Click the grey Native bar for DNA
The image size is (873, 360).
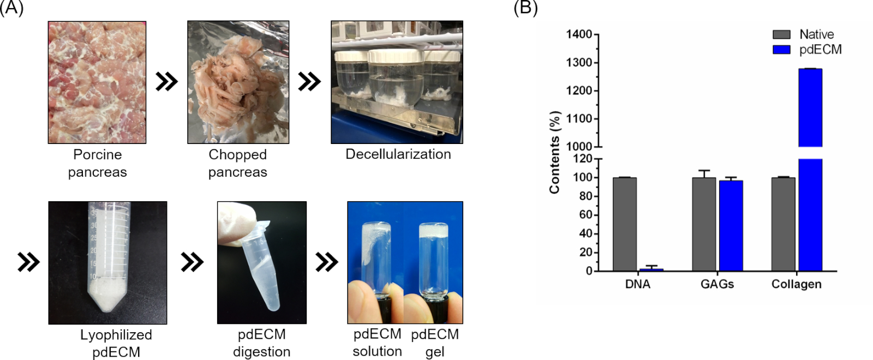point(624,224)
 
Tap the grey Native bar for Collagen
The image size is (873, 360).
point(783,224)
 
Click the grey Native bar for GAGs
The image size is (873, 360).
point(704,224)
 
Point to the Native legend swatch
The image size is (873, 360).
point(781,34)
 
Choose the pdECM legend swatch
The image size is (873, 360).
point(781,50)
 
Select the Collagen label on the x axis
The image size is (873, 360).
point(796,284)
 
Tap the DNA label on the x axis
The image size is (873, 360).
point(637,284)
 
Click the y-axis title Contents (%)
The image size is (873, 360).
point(555,152)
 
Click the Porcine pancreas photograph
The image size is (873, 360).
point(97,82)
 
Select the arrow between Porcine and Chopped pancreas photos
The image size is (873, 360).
point(166,82)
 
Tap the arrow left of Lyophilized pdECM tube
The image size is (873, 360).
point(28,262)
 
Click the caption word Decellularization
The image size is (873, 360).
point(398,154)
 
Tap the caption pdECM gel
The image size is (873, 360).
point(435,343)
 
